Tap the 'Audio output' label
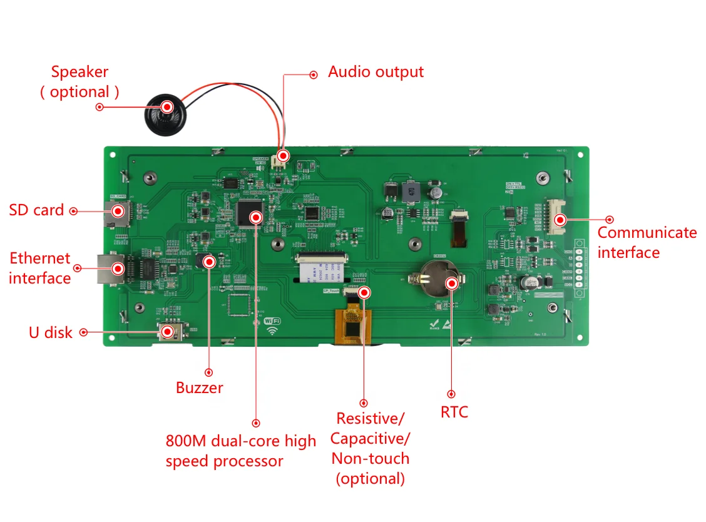coord(376,72)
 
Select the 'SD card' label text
coord(36,210)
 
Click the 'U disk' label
coord(51,332)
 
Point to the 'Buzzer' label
coord(199,387)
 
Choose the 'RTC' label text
coord(454,412)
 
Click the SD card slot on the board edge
coord(116,212)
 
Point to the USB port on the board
coord(170,331)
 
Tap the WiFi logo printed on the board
coord(272,324)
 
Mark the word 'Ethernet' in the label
coord(40,258)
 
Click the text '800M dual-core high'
coord(241,441)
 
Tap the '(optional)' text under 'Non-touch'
coord(371,479)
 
